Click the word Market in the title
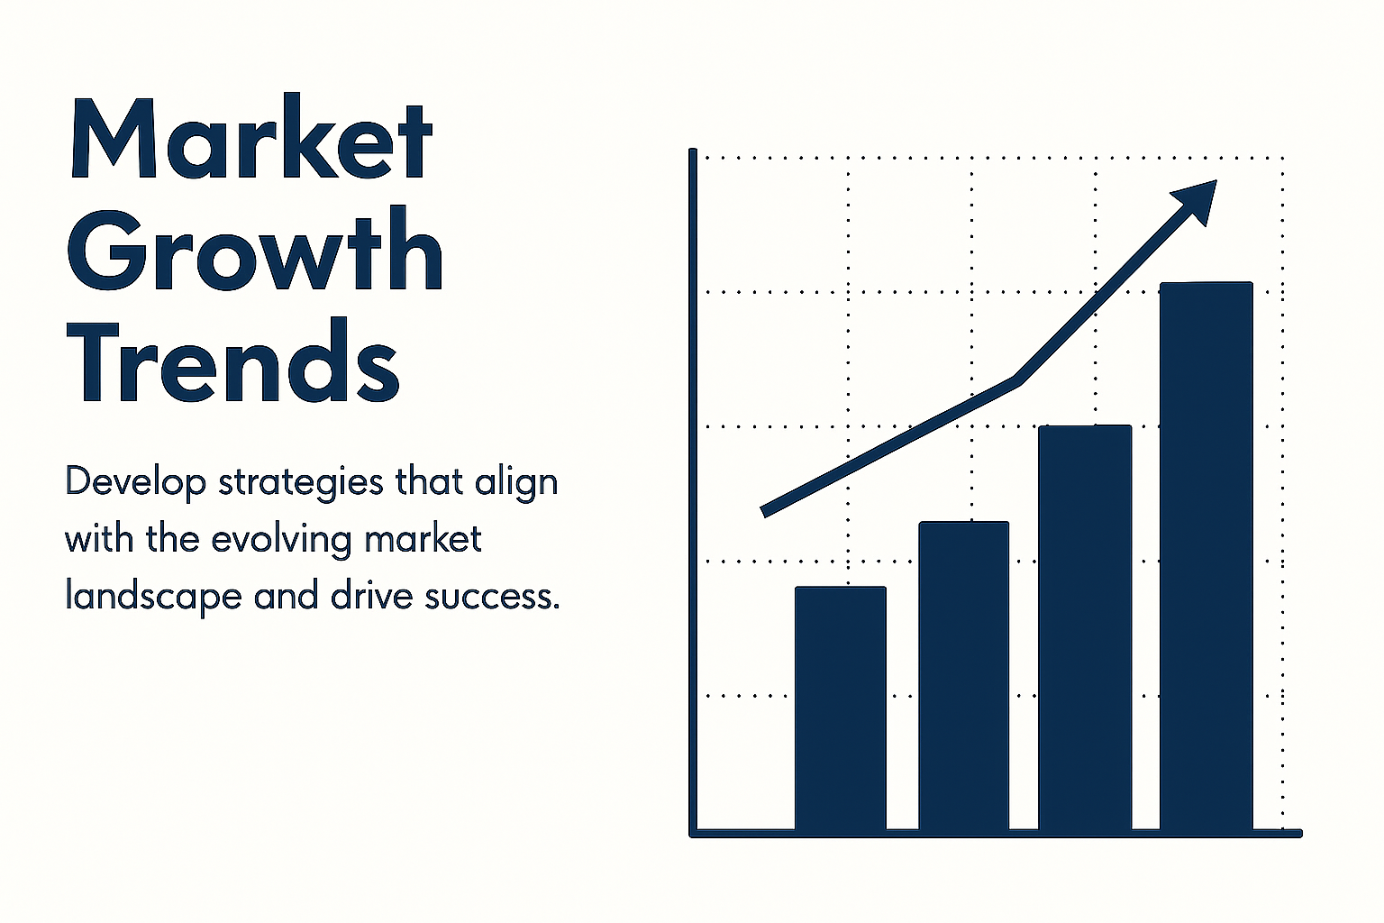coord(252,136)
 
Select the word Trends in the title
coord(233,360)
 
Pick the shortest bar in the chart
coord(841,708)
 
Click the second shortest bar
coord(964,676)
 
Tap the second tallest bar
coord(1085,628)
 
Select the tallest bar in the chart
coord(1206,556)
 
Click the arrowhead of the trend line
coord(1198,199)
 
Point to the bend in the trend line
coord(1017,380)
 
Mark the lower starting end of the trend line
coord(764,513)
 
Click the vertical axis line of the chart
coord(693,492)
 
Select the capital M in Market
coord(113,137)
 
